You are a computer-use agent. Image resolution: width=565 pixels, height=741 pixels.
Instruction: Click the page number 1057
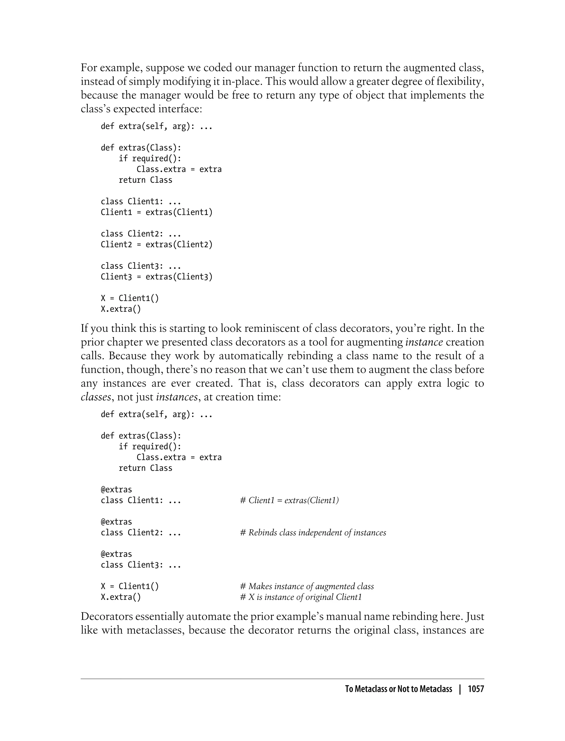[x=476, y=689]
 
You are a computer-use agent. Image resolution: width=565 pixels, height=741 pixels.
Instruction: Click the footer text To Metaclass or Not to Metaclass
[x=399, y=689]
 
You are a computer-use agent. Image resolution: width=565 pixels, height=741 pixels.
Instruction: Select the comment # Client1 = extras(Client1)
[x=289, y=500]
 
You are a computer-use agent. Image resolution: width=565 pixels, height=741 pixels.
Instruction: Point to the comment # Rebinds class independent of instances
[x=313, y=533]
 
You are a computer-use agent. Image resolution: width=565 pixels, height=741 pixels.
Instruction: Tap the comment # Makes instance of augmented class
[x=307, y=586]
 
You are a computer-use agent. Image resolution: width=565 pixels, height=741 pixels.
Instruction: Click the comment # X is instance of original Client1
[x=301, y=597]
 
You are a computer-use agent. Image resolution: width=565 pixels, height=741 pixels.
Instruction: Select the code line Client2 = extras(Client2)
[x=157, y=244]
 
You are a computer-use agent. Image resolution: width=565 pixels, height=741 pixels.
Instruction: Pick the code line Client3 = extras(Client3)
[x=157, y=276]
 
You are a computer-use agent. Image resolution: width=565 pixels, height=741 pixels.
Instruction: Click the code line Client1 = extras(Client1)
[x=157, y=212]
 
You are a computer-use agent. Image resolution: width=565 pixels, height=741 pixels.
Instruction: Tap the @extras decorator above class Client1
[x=116, y=490]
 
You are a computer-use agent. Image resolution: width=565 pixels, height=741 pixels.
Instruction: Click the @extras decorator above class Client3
[x=116, y=554]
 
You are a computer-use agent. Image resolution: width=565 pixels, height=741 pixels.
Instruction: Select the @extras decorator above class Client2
[x=116, y=522]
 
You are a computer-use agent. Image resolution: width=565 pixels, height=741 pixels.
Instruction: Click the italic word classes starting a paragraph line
[x=95, y=397]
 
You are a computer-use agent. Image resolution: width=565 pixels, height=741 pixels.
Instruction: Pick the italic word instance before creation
[x=424, y=342]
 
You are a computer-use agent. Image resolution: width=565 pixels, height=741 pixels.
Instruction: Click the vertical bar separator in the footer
[x=460, y=689]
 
